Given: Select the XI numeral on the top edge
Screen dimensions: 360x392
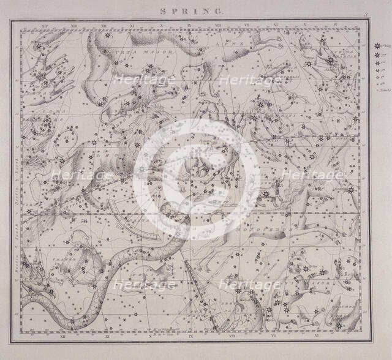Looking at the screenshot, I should click(131, 25).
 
